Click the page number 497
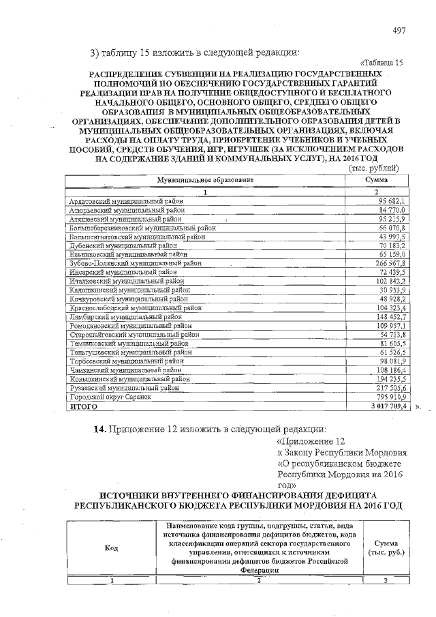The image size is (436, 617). tap(400, 31)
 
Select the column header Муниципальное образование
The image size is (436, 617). tap(205, 179)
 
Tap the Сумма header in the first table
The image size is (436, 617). tap(377, 179)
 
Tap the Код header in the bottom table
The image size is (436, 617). tap(111, 548)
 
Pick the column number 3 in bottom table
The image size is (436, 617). tap(385, 580)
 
